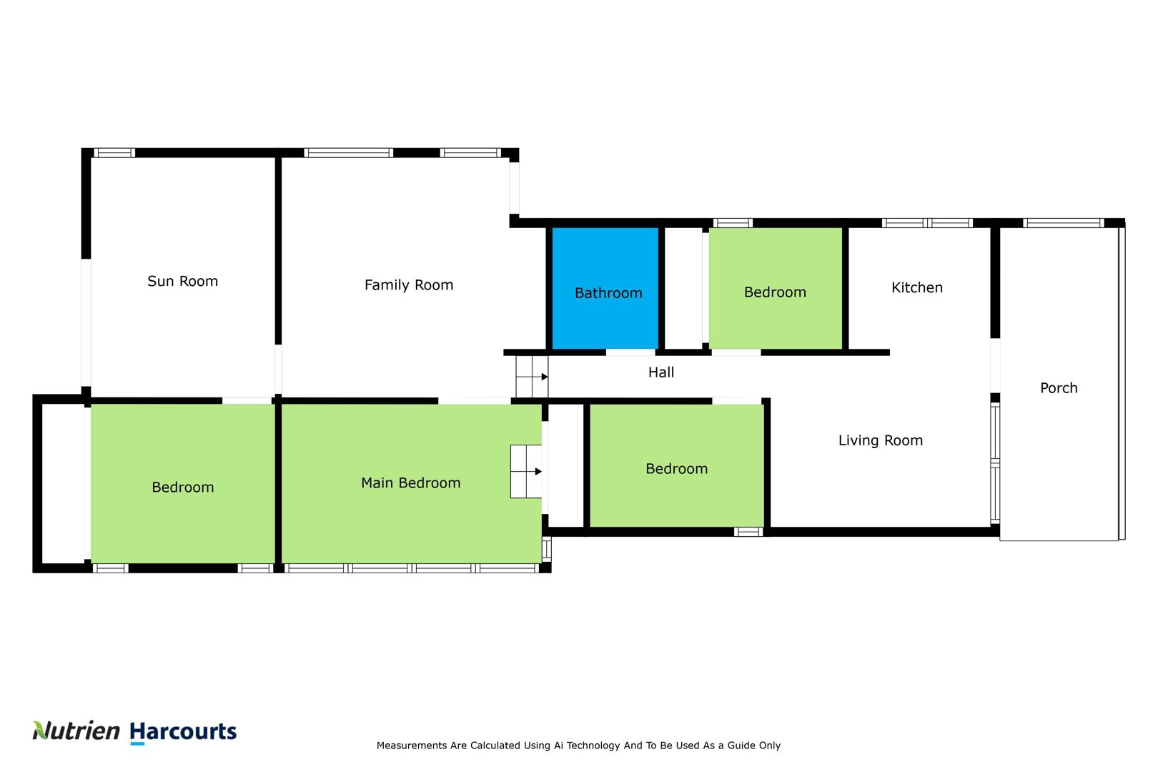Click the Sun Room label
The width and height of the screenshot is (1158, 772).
click(x=182, y=282)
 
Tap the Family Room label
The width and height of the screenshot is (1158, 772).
click(x=408, y=285)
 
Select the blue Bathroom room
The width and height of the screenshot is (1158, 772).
click(x=605, y=289)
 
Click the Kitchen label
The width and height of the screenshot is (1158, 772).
click(x=916, y=287)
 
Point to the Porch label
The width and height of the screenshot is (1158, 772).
click(x=1059, y=388)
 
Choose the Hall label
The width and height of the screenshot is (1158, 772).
click(x=661, y=372)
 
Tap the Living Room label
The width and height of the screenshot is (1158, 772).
click(x=881, y=440)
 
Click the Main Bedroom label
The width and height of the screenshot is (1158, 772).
click(x=410, y=483)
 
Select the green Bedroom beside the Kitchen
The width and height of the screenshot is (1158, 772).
click(x=776, y=289)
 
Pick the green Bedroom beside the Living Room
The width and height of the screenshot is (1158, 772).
click(x=677, y=465)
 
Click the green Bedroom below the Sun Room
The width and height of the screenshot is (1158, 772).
click(x=182, y=483)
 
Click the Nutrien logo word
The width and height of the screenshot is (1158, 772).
click(x=76, y=731)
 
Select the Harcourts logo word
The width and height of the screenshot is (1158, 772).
click(x=183, y=732)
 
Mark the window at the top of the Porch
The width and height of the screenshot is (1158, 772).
click(x=1064, y=223)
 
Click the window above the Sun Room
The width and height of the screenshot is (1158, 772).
click(x=114, y=153)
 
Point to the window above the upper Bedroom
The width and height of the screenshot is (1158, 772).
click(x=733, y=223)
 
